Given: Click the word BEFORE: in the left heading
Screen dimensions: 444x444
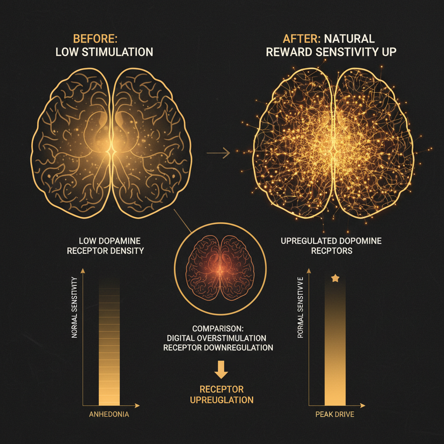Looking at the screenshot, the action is coord(95,39).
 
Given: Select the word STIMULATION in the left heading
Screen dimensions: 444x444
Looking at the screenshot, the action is coord(118,52).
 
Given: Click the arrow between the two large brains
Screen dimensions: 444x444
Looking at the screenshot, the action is coord(219,153).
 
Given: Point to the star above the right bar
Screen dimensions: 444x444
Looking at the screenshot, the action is coord(335,278).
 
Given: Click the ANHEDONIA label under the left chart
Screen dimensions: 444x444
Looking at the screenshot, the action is coord(109,414).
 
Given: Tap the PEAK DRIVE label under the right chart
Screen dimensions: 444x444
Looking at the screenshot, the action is coord(335,414).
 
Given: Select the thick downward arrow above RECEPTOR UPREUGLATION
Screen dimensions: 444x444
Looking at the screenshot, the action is coord(221,369).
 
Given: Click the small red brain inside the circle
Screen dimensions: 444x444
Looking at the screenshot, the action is coord(220,268).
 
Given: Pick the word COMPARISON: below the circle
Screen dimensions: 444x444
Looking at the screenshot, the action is coord(218,329).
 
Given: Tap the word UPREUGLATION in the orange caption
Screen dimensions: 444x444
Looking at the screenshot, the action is coord(222,400).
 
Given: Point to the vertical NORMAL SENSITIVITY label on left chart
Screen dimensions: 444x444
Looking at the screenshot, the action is coord(75,307).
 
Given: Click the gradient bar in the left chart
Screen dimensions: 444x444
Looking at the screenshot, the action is coord(109,343).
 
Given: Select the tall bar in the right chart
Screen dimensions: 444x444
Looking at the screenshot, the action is coord(335,343).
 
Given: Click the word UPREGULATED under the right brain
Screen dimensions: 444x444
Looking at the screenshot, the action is coord(307,241).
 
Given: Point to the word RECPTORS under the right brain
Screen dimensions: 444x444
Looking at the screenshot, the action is coord(332,251).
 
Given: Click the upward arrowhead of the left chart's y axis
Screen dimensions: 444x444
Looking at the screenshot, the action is coord(83,271).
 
